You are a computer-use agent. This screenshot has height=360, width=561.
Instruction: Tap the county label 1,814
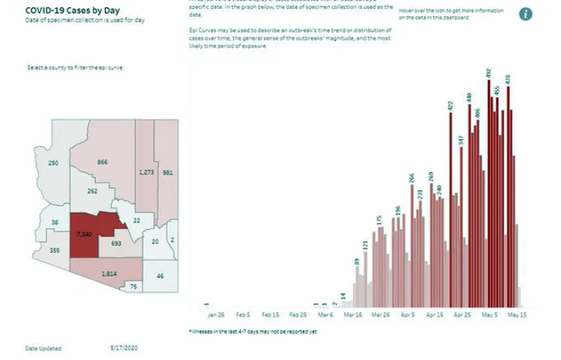point(109,274)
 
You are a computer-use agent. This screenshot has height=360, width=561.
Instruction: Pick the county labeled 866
point(102,162)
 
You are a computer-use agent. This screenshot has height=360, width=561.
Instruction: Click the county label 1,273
point(146,172)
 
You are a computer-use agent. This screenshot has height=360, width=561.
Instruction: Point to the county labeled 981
point(168,172)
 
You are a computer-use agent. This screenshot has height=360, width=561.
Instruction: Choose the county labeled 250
point(53,163)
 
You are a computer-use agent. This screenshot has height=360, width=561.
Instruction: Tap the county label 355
point(54,251)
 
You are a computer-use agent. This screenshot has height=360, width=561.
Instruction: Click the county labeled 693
point(116,244)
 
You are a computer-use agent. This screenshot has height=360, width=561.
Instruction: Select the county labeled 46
point(159,276)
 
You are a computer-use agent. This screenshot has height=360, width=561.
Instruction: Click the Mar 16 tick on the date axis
point(353,316)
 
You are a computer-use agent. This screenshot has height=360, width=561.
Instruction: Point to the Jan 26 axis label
point(217,316)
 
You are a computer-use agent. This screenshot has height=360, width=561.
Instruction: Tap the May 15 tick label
point(518,316)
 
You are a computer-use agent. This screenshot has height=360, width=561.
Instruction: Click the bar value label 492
point(488,73)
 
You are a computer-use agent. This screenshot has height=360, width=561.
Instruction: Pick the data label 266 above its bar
point(411,178)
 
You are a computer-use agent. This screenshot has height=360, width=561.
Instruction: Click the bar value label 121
point(365,245)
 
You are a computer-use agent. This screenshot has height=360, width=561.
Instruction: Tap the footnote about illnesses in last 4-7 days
point(253,331)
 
